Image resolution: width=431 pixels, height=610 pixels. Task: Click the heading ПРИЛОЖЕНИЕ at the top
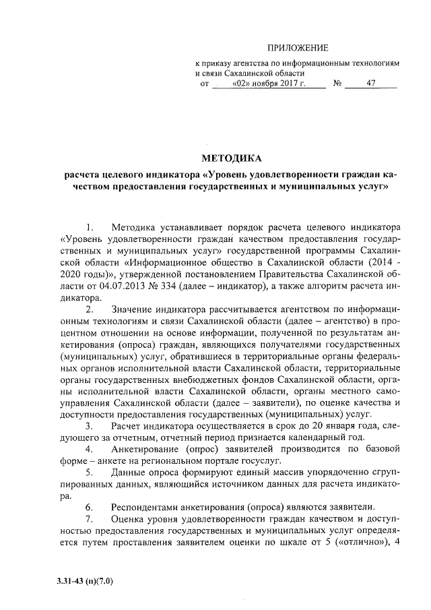click(298, 48)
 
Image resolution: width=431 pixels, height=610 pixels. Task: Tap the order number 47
click(371, 84)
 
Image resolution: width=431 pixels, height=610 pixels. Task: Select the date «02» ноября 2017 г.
click(268, 84)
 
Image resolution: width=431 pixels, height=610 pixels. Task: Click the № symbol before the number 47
click(338, 84)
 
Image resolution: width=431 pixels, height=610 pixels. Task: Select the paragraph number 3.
click(90, 425)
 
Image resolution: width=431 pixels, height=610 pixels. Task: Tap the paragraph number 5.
click(90, 472)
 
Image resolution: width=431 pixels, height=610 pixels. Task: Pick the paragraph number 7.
click(90, 519)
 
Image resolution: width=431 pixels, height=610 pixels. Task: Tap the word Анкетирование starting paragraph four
click(150, 449)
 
